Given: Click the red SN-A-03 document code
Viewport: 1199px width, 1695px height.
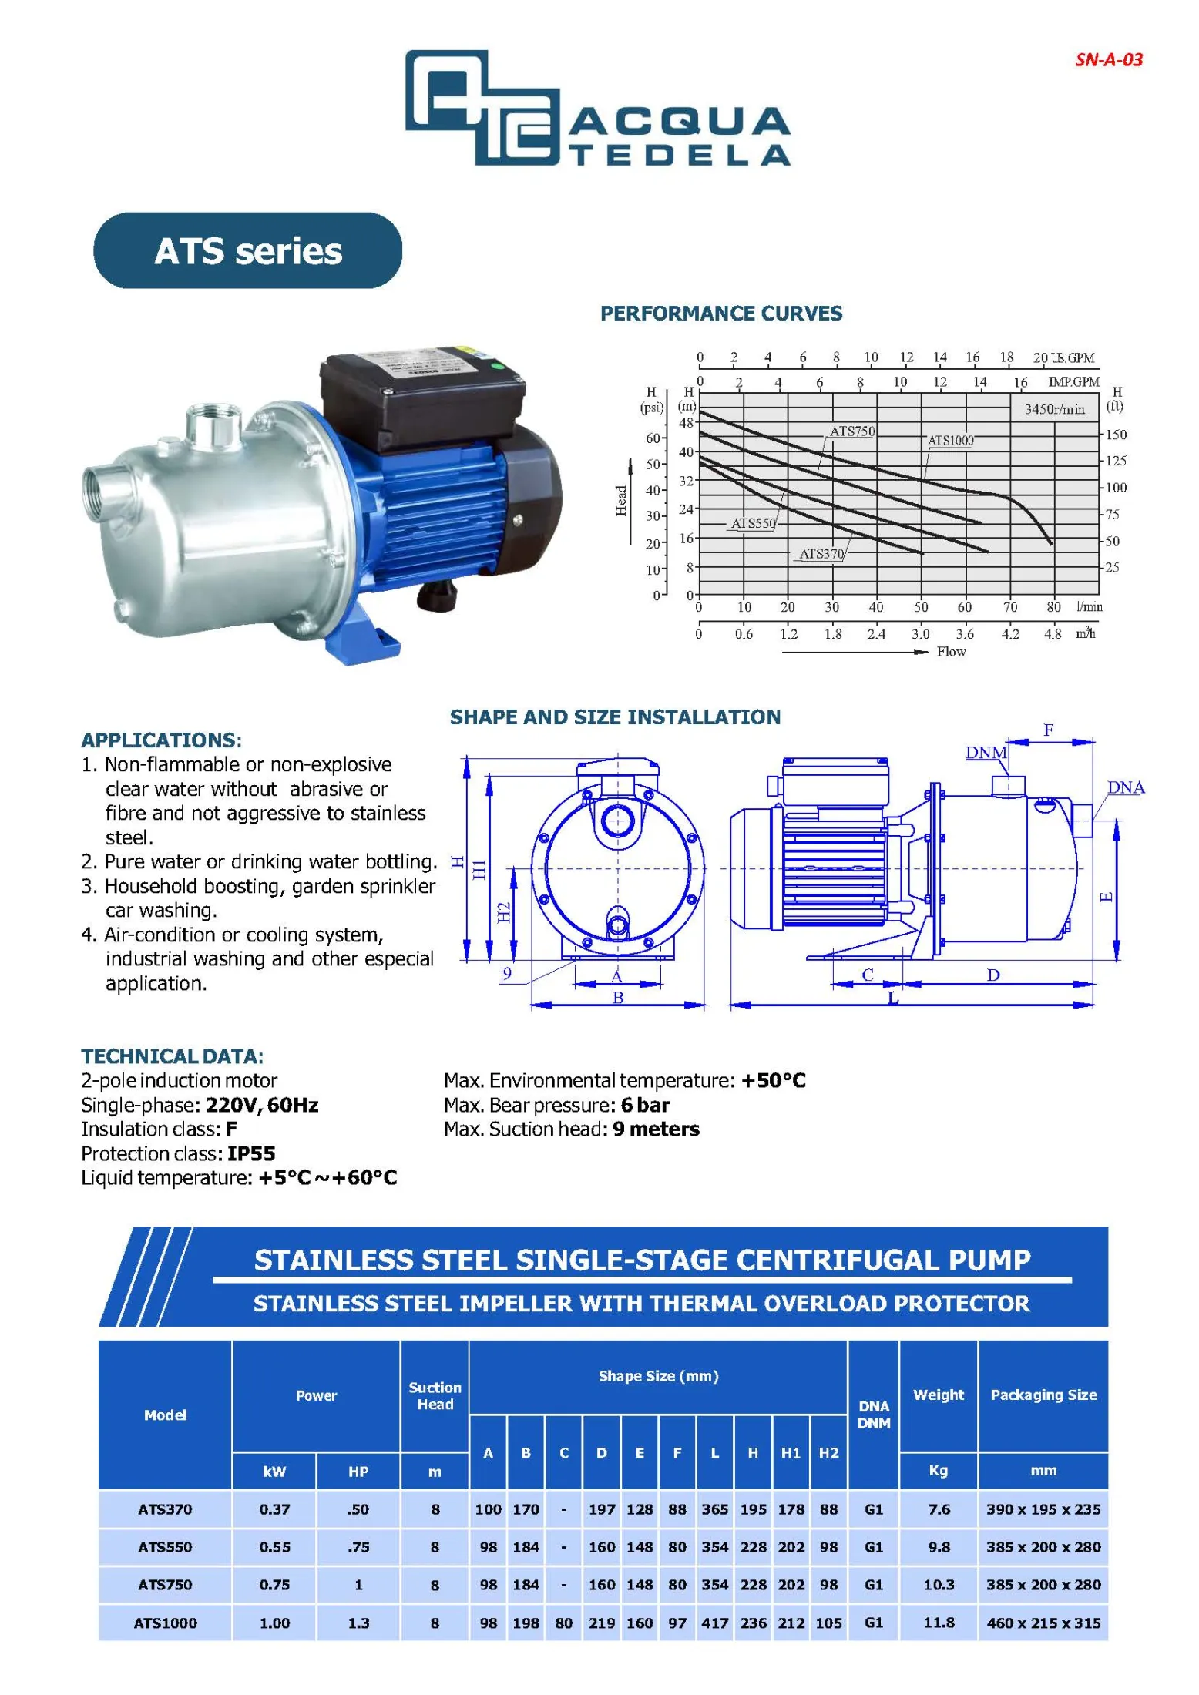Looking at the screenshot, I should (1108, 60).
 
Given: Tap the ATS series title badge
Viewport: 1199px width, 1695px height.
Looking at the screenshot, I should (247, 251).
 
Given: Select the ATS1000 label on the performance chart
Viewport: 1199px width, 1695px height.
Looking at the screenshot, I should (950, 441).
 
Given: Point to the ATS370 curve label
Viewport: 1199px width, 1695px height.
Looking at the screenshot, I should (821, 553).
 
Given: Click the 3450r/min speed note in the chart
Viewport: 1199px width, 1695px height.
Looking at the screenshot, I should (1053, 409).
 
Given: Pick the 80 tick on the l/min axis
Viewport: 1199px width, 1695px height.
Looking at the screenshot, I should (1053, 607).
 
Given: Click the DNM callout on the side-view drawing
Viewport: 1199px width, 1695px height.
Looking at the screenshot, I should (986, 752).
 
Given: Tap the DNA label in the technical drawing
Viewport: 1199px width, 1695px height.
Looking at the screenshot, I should (1125, 787).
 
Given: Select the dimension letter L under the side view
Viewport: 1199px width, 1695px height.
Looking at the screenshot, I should (893, 999).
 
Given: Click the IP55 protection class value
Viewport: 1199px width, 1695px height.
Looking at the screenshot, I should (251, 1153).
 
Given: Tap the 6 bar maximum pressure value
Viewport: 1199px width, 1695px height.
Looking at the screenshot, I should (645, 1105).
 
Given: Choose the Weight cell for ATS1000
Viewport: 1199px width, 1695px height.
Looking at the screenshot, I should (939, 1622).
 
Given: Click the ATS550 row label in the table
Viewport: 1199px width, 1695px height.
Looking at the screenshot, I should (165, 1546).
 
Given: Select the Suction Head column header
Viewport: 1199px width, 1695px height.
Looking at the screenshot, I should (435, 1395).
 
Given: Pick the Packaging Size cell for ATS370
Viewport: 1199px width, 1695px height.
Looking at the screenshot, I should (1043, 1509).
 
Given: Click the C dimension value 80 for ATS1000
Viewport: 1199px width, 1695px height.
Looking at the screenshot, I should (563, 1623).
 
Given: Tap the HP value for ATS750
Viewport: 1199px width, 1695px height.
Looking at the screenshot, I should (358, 1584).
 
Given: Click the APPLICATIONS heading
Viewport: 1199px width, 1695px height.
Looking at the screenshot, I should (161, 740).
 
